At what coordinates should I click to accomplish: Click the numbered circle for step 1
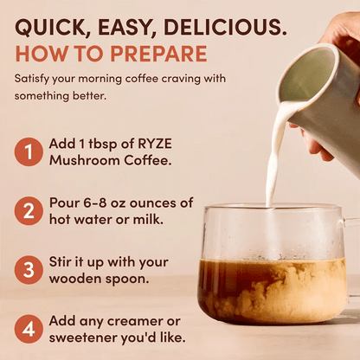tap(28, 152)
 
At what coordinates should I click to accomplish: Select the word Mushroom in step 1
tap(89, 161)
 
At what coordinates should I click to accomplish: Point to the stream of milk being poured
tap(275, 156)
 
